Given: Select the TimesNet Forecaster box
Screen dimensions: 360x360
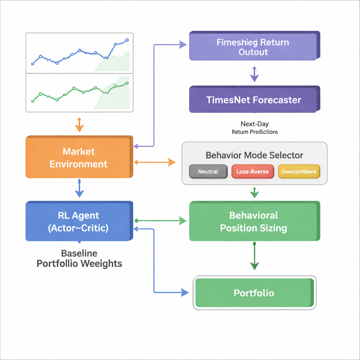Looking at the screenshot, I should [x=253, y=99].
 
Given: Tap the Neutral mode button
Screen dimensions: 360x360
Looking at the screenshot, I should [x=208, y=172].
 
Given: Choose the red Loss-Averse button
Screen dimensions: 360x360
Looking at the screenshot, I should [x=252, y=172].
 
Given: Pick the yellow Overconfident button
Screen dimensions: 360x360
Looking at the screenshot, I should [x=299, y=172].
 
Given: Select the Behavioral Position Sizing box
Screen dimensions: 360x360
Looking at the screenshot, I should [x=253, y=221].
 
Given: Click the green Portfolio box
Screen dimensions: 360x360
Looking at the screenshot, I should [x=253, y=293].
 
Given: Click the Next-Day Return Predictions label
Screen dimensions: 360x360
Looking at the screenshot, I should [x=255, y=128].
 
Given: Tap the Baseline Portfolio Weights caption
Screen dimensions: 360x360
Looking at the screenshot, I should [x=79, y=258].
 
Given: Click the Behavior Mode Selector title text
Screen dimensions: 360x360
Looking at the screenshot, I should [x=254, y=155].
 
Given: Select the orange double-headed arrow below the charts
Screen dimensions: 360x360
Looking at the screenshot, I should [x=79, y=124].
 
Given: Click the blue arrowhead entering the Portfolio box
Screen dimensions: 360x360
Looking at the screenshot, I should [x=184, y=292].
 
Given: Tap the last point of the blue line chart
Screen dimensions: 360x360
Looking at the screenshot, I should [x=127, y=40].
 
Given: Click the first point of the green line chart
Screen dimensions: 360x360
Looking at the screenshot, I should [x=33, y=101].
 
